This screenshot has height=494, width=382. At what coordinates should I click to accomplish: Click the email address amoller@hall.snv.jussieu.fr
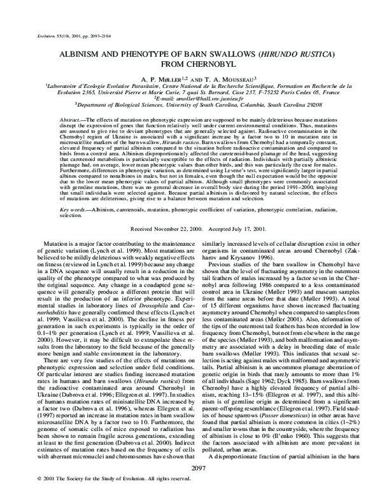pyautogui.click(x=202, y=101)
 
